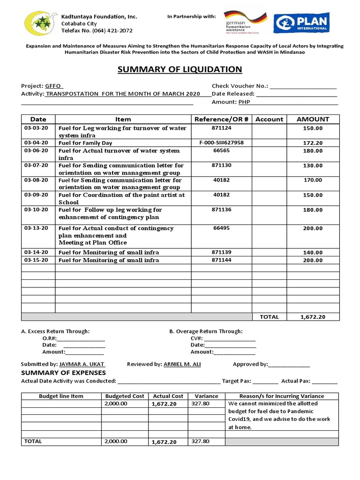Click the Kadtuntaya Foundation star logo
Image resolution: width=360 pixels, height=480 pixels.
(x=41, y=24)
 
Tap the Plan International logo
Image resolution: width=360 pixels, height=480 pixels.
(x=301, y=22)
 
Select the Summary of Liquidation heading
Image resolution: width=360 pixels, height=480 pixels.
(x=180, y=70)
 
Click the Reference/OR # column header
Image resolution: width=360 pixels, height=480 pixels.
(x=221, y=119)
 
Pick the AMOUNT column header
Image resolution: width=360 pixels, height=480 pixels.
(x=313, y=119)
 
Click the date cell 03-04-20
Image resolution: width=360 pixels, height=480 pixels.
(x=36, y=142)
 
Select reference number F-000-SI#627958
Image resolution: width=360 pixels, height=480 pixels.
(x=221, y=142)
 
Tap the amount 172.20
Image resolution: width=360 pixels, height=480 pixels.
(x=313, y=143)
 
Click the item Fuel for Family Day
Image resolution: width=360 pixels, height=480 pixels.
(x=85, y=143)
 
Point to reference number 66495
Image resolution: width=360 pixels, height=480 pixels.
(x=221, y=228)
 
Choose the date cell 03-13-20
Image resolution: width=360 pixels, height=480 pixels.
(x=36, y=228)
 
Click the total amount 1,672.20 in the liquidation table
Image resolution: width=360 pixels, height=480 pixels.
(x=313, y=317)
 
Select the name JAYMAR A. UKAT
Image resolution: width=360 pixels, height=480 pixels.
(x=82, y=364)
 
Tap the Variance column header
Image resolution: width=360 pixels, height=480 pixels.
(x=206, y=396)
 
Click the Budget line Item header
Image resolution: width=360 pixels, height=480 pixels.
(x=61, y=396)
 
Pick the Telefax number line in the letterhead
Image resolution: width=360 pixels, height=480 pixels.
(x=97, y=30)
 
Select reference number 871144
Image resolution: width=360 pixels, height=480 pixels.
(x=221, y=260)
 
